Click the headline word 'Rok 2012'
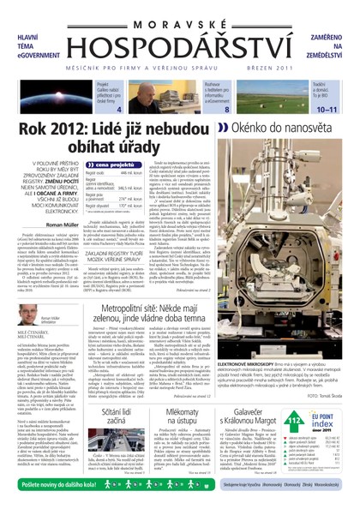64,129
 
